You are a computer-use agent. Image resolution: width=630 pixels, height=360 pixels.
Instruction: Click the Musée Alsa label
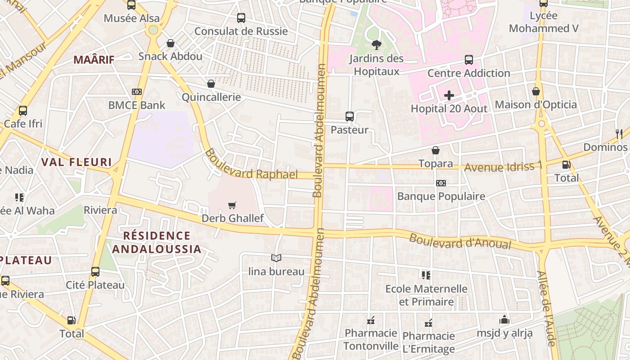[x=131, y=18]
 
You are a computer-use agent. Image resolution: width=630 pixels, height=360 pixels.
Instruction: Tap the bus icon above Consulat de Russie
[x=241, y=18]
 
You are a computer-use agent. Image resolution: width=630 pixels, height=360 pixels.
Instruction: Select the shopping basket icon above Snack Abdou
[x=171, y=43]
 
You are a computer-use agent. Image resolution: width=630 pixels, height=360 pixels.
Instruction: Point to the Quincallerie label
[x=211, y=97]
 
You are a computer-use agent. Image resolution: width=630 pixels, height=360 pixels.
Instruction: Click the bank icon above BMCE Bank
[x=137, y=92]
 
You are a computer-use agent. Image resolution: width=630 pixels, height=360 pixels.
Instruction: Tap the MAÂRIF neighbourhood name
[x=94, y=59]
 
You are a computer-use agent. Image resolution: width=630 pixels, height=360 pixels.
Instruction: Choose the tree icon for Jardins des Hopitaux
[x=376, y=45]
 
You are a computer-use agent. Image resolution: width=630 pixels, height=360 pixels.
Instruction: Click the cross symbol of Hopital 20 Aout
[x=449, y=95]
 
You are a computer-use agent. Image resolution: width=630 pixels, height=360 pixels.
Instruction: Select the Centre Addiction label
[x=468, y=73]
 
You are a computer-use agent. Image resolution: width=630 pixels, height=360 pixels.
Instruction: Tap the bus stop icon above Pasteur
[x=350, y=117]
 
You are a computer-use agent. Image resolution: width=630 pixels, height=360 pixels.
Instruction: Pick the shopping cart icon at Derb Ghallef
[x=232, y=206]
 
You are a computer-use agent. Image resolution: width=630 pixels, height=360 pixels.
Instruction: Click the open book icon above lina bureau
[x=276, y=258]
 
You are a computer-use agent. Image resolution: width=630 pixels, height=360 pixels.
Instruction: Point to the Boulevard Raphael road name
[x=251, y=165]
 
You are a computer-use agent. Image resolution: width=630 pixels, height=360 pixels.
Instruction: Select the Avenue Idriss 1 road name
[x=503, y=167]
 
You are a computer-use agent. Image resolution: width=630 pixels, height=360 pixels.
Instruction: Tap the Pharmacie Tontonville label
[x=371, y=339]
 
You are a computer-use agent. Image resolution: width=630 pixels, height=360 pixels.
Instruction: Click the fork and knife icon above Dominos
[x=619, y=134]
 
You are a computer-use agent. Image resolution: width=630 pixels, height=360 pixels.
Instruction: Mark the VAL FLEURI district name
[x=76, y=162]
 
